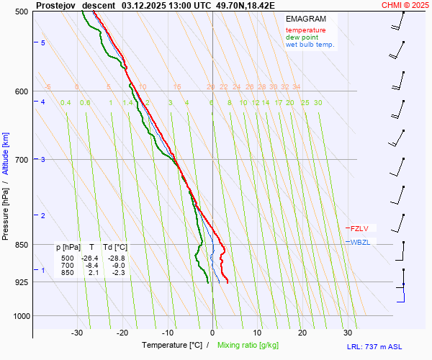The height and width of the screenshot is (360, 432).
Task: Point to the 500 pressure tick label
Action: [21, 12]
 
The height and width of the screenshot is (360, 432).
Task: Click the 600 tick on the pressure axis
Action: [21, 91]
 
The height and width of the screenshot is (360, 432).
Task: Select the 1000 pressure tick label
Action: [19, 316]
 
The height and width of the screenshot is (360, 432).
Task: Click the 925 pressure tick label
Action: [21, 282]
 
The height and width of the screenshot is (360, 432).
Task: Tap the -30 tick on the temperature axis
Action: [77, 333]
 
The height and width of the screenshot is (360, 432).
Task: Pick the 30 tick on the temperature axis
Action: [347, 333]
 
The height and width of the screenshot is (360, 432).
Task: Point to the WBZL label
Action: [360, 242]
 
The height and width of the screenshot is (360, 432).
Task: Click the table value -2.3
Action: [117, 273]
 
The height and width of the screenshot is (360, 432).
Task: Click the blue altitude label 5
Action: [43, 43]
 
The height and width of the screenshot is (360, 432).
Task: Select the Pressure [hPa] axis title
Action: [6, 209]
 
